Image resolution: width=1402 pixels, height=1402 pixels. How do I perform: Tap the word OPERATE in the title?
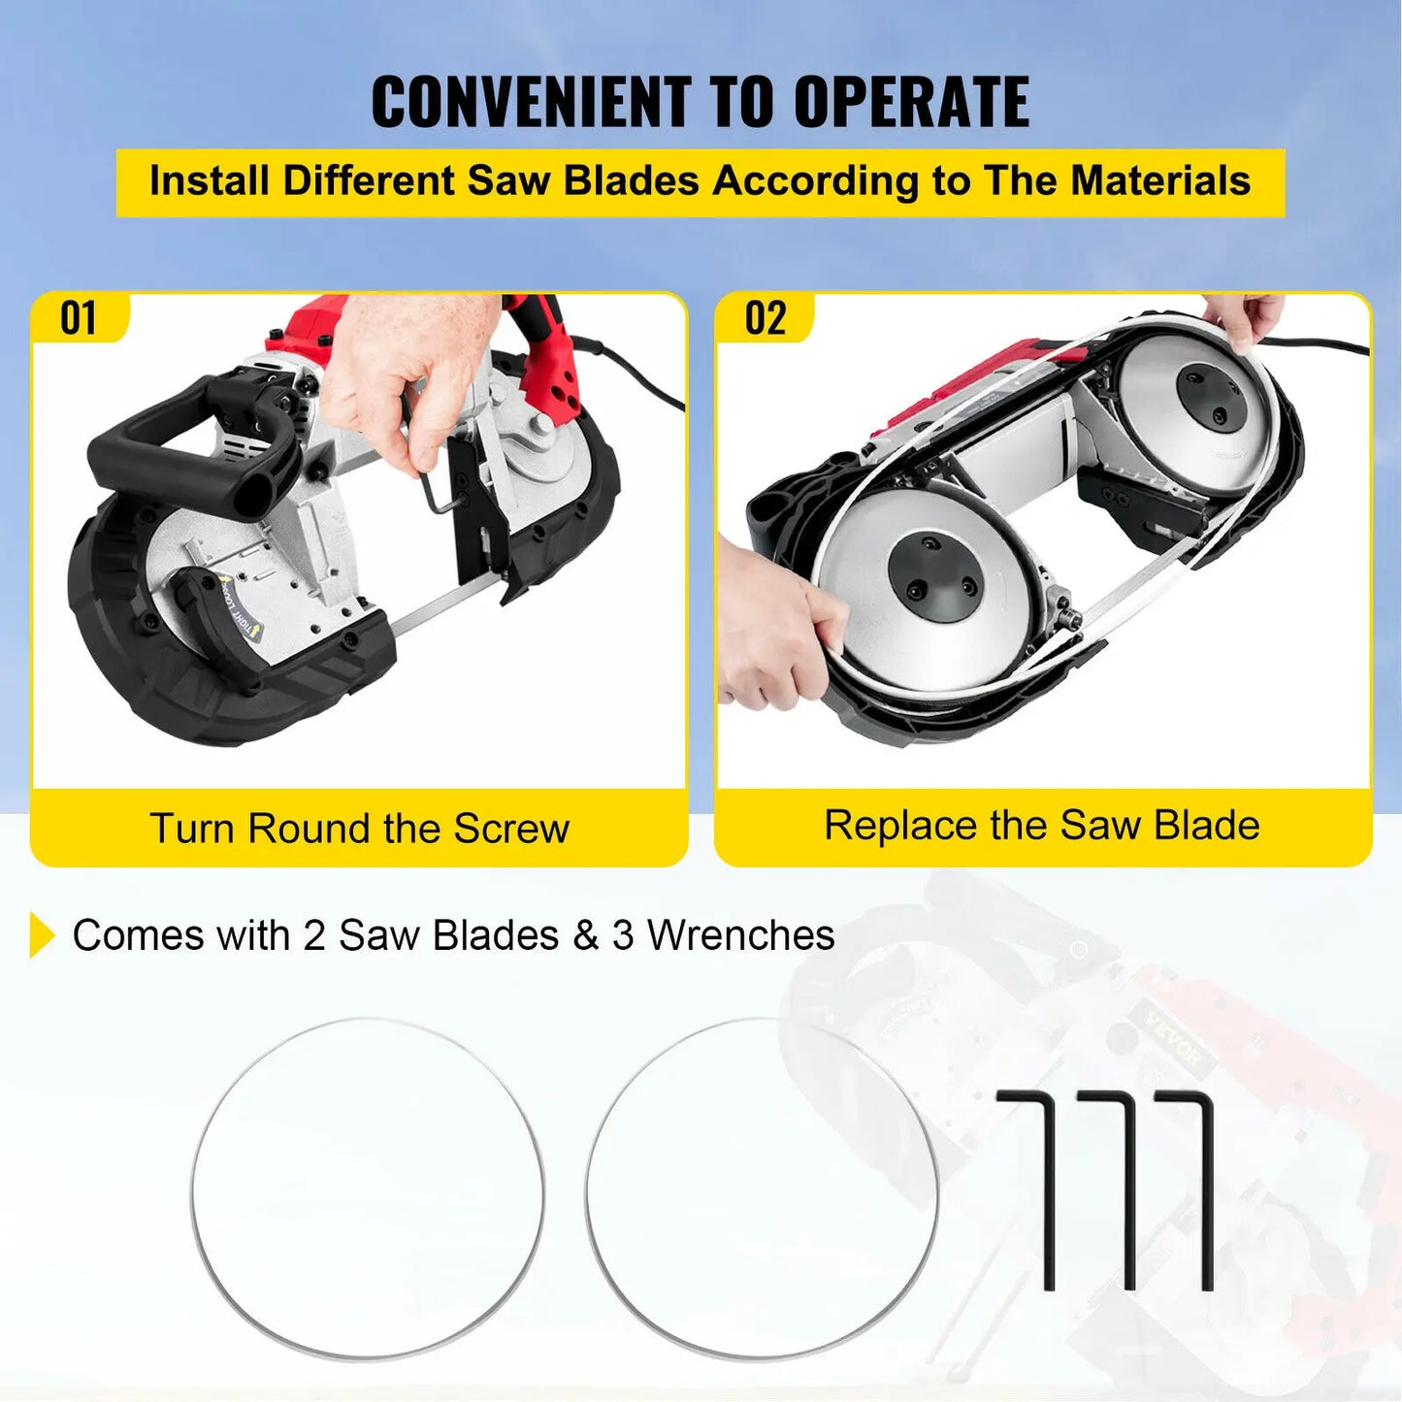pos(911,102)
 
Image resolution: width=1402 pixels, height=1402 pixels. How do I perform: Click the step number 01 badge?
pos(79,318)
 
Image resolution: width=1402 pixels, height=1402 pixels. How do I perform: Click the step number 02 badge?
pos(765,318)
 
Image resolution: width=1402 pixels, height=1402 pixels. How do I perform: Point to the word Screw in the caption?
pos(511,829)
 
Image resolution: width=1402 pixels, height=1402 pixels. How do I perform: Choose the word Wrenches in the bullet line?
pos(741,935)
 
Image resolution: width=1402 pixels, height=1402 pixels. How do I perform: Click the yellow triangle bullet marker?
pos(42,934)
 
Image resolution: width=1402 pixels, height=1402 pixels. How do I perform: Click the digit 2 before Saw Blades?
pos(313,935)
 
